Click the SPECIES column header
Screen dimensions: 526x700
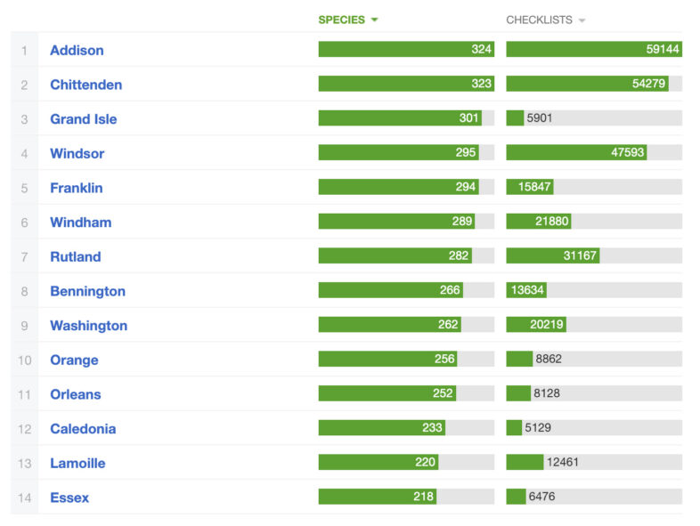[x=341, y=20]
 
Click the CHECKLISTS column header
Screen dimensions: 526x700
[x=539, y=20]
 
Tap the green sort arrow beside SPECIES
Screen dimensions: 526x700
[x=375, y=20]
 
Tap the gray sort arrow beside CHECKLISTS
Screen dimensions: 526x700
[x=582, y=20]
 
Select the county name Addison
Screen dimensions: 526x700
[x=77, y=51]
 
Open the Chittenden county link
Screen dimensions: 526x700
[x=85, y=85]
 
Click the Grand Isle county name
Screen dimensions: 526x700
[x=83, y=119]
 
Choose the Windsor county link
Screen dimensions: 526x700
[x=77, y=153]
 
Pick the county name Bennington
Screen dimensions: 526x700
[x=87, y=291]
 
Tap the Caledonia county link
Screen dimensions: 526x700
[x=83, y=429]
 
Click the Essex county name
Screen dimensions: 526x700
[x=69, y=498]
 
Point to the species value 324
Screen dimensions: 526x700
[x=482, y=50]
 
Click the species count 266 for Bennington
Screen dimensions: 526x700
[x=450, y=290]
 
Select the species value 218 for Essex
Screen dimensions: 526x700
[x=423, y=497]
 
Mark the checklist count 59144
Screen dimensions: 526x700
[x=663, y=50]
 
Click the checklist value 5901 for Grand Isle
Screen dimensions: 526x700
[x=540, y=118]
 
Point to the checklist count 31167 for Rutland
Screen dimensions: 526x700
[x=580, y=256]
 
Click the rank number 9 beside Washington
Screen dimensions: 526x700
[x=24, y=326]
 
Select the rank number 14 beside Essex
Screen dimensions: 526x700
[x=24, y=498]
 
